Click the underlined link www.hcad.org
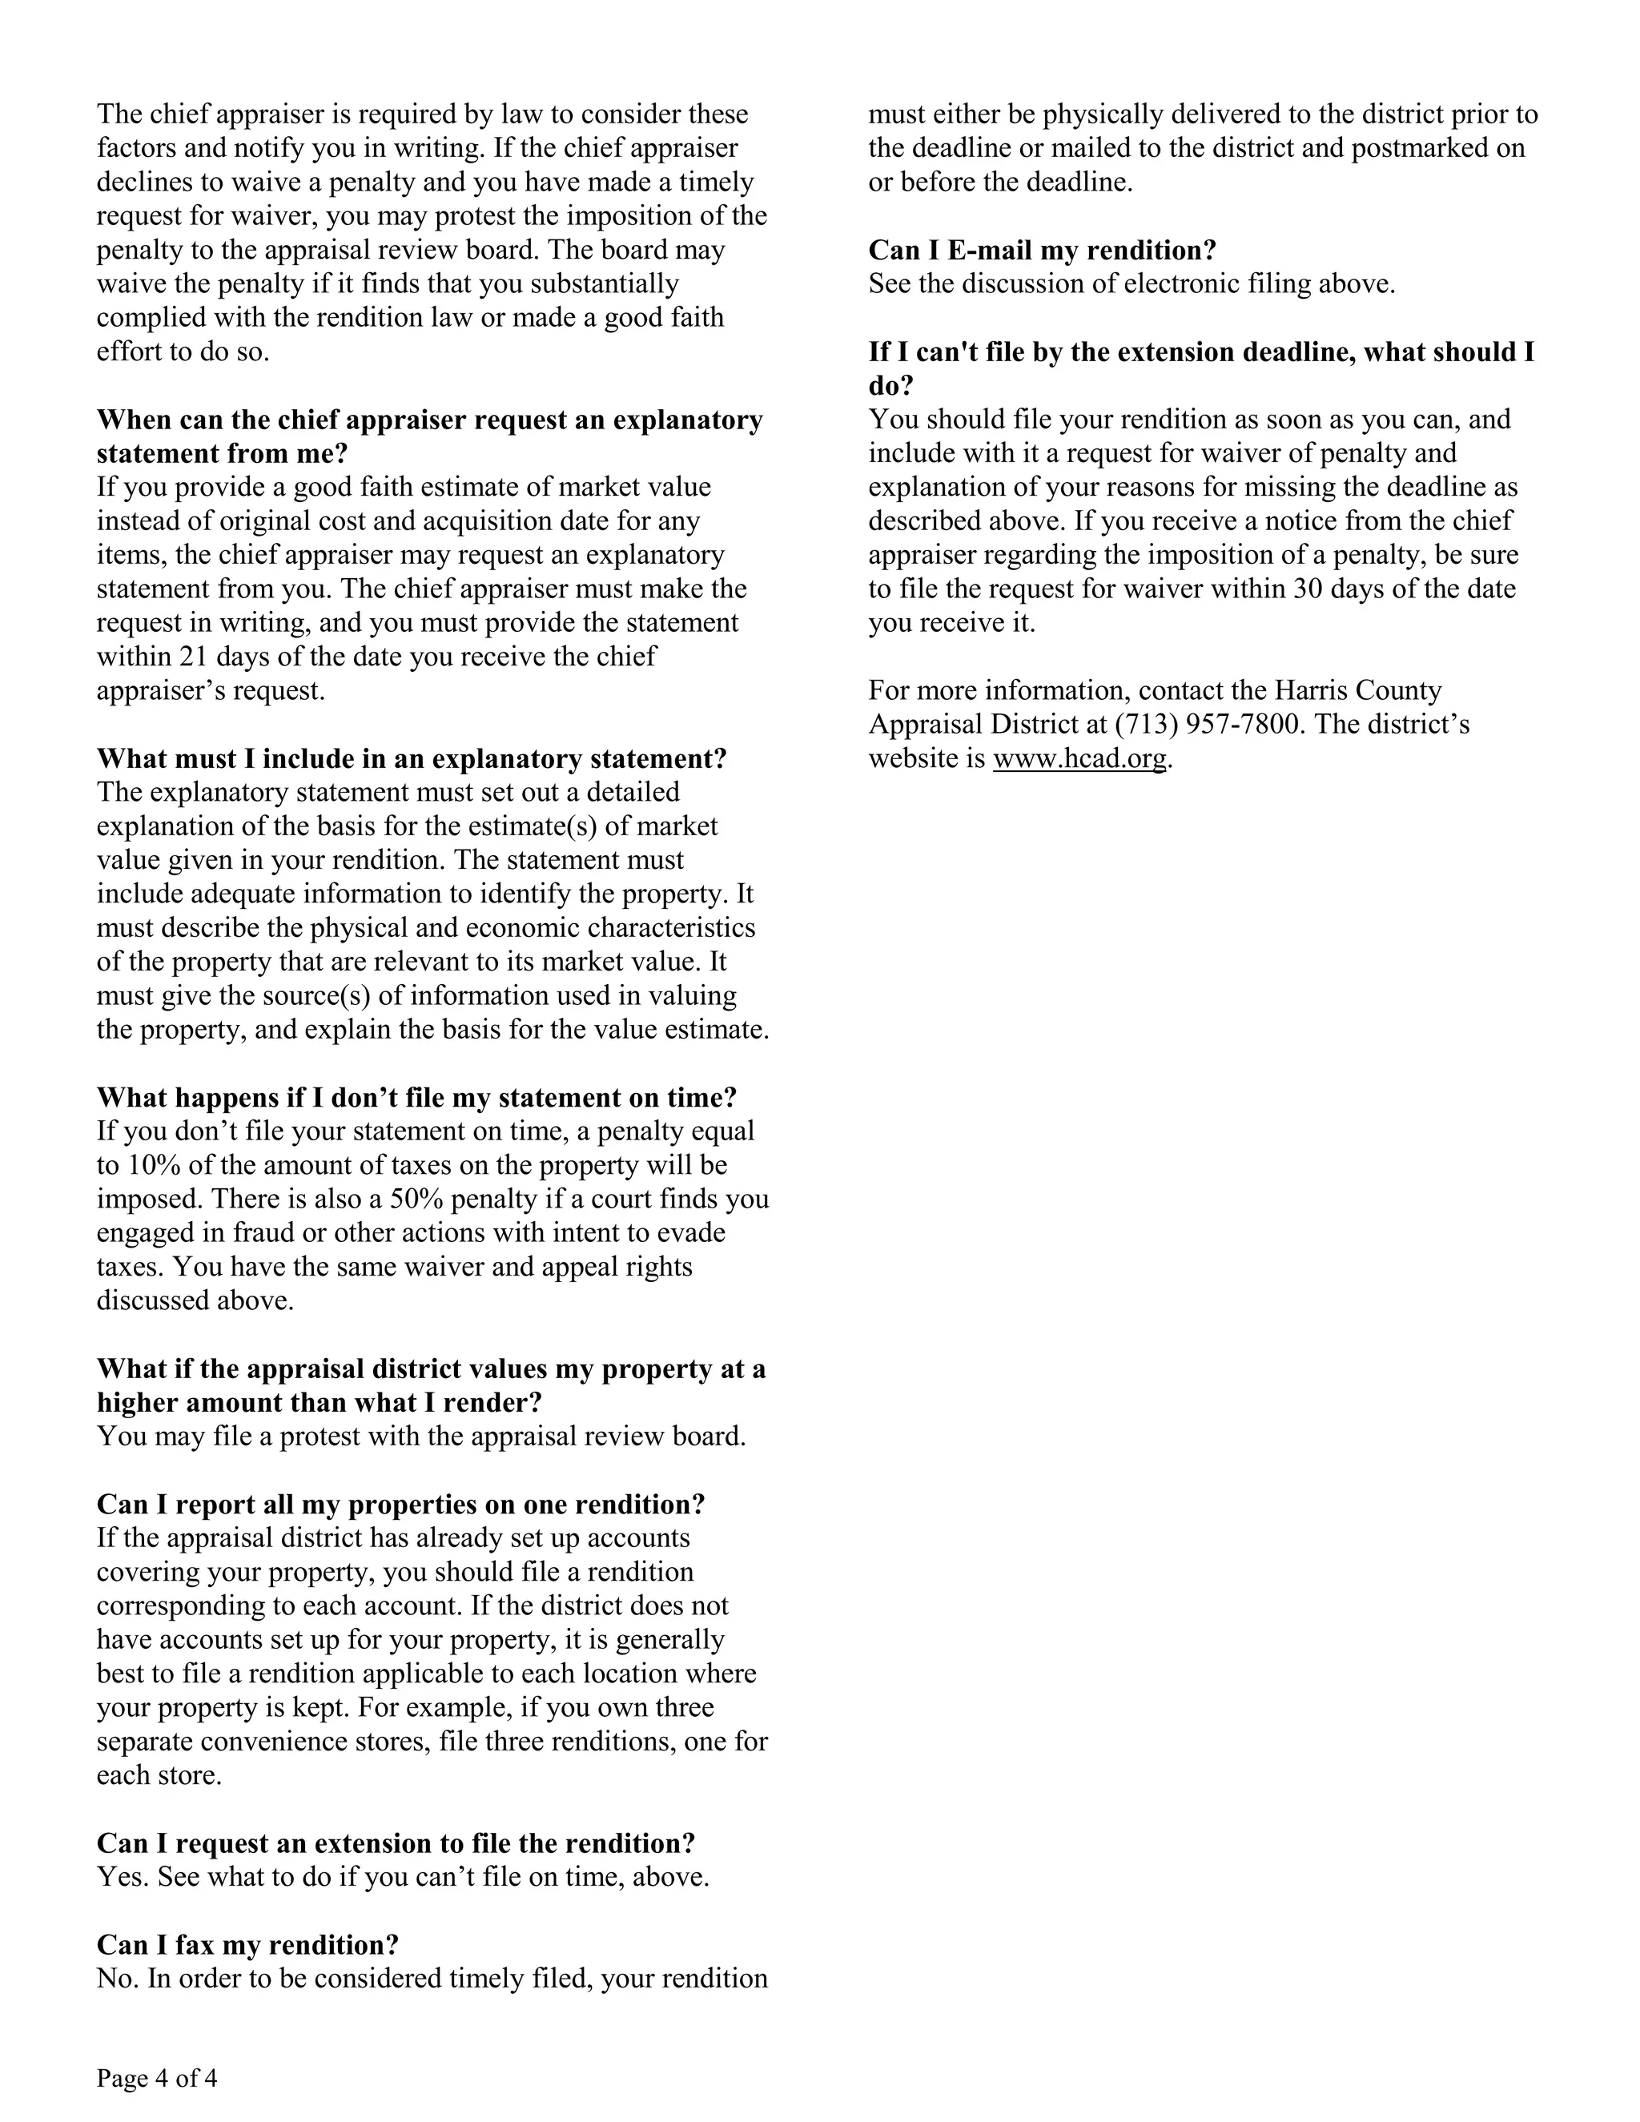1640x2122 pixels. (x=1079, y=758)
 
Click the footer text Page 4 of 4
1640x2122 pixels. (x=156, y=2078)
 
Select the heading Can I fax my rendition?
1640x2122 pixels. (x=247, y=1944)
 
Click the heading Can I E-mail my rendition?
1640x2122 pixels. (x=1042, y=250)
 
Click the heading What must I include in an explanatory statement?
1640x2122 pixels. (x=411, y=758)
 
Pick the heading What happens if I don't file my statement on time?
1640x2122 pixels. (x=416, y=1097)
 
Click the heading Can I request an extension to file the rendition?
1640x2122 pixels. (x=396, y=1843)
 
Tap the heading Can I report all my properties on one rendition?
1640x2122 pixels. (x=400, y=1504)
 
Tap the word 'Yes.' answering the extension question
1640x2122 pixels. (x=123, y=1876)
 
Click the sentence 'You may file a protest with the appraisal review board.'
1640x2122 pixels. (x=420, y=1436)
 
